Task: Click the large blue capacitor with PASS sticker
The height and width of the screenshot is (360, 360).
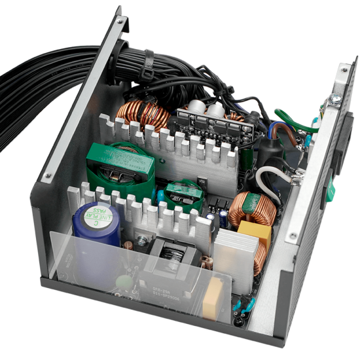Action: (x=97, y=226)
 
